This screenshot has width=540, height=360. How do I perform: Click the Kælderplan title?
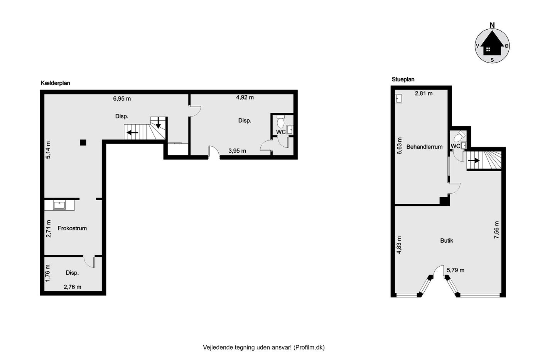[x=56, y=83]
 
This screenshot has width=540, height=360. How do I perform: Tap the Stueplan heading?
[x=403, y=79]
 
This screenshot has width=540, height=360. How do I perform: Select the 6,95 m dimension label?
[x=122, y=99]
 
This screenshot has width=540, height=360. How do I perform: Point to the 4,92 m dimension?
[x=245, y=97]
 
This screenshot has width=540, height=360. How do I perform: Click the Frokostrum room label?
[x=72, y=228]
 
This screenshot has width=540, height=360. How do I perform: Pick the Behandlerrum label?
[x=424, y=147]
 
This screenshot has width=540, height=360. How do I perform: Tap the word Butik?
[x=447, y=240]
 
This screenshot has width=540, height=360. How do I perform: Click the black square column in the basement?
[x=83, y=142]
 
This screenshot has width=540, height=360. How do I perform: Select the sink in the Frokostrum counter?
[x=59, y=205]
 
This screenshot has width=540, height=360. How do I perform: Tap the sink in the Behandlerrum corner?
[x=398, y=99]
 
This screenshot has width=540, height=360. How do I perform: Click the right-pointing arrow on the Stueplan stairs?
[x=474, y=161]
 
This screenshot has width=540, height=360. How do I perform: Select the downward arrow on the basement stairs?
[x=158, y=123]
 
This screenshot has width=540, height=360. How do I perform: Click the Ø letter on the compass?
[x=506, y=46]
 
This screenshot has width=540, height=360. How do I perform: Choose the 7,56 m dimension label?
[x=497, y=230]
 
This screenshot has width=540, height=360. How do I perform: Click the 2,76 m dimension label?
[x=73, y=287]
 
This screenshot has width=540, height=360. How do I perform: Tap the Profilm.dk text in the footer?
[x=309, y=347]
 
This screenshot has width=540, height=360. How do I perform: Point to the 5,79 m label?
[x=456, y=270]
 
